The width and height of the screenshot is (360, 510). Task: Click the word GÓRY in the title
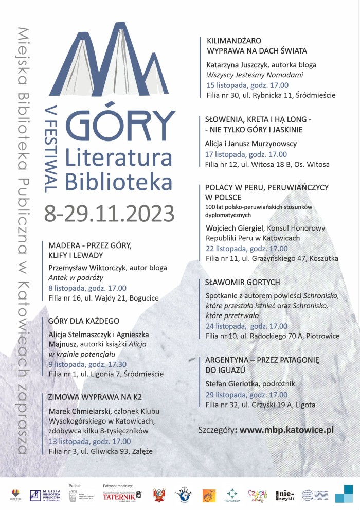coord(120,124)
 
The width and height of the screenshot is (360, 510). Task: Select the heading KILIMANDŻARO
coord(234,40)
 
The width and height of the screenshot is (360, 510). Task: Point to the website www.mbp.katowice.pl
coord(287,429)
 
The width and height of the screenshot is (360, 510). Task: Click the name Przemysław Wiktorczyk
coord(87,268)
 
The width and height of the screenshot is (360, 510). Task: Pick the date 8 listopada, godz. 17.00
coord(87,288)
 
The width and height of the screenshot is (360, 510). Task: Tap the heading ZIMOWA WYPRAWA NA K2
coord(95,397)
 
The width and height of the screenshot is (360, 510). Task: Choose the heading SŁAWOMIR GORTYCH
coord(243,282)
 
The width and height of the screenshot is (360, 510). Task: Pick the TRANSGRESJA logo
coord(232,495)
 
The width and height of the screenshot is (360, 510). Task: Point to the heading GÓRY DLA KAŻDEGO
coord(83,321)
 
